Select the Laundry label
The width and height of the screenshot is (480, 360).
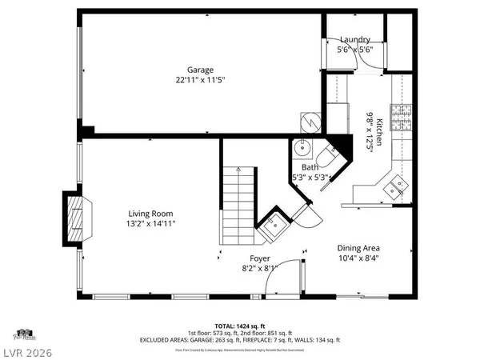coord(354,39)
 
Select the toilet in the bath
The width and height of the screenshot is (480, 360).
coord(328,155)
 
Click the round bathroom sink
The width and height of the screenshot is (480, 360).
coord(302,148)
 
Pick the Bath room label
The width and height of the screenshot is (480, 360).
coord(309,167)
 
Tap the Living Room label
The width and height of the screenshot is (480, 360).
coord(151,214)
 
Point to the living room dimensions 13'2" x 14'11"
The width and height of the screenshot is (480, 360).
coord(151,224)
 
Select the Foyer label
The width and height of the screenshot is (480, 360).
coord(260,258)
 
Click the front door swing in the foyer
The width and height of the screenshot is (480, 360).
coord(293,276)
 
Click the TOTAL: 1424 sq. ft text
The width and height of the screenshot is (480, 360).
coord(239,326)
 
